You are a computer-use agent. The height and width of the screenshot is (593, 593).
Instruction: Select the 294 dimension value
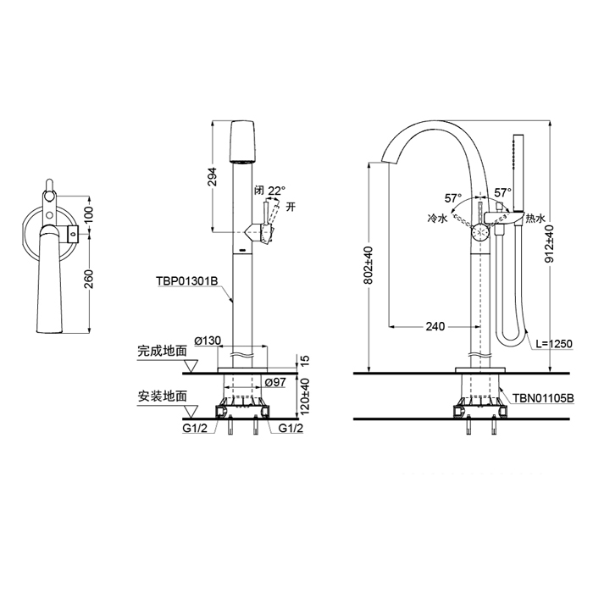pyautogui.click(x=213, y=176)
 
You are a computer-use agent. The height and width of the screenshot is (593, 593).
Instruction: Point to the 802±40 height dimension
pyautogui.click(x=369, y=264)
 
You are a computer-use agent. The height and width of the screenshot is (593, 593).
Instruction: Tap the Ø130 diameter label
pyautogui.click(x=207, y=340)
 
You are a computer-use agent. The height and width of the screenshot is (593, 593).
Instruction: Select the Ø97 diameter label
pyautogui.click(x=274, y=383)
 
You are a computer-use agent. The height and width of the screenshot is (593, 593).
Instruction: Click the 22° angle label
pyautogui.click(x=278, y=191)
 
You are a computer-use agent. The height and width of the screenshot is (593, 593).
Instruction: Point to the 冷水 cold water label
pyautogui.click(x=436, y=218)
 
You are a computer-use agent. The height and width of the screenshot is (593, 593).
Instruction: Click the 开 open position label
pyautogui.click(x=291, y=206)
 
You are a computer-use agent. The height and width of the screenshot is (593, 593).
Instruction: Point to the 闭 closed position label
pyautogui.click(x=259, y=191)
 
